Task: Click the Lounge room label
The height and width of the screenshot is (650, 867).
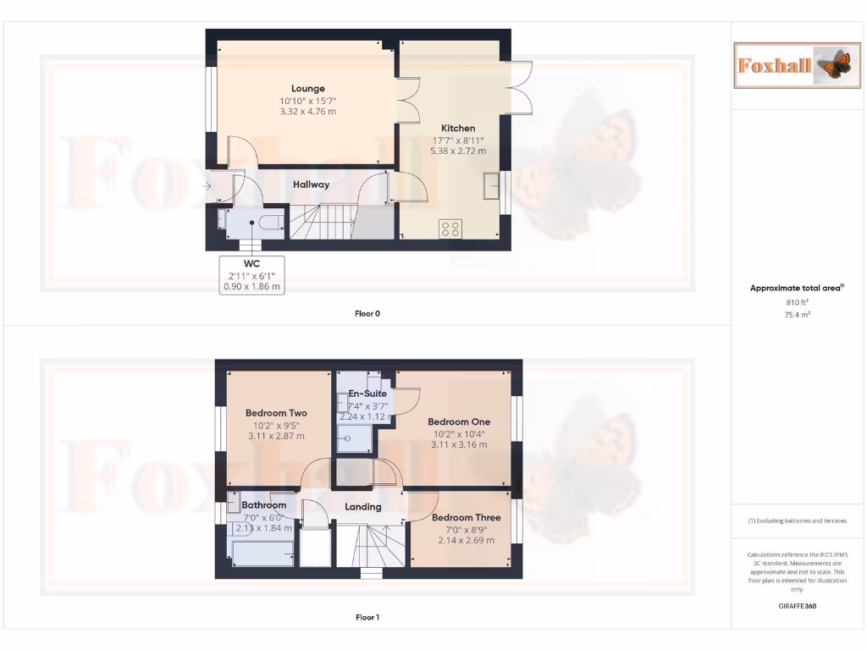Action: click(307, 88)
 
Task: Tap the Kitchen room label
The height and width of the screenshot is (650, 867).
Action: click(458, 128)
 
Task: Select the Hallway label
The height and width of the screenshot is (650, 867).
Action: click(311, 185)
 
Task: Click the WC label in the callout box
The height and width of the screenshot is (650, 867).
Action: click(251, 263)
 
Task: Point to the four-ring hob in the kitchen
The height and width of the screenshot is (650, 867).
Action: click(450, 228)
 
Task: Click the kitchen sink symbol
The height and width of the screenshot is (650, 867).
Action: click(490, 185)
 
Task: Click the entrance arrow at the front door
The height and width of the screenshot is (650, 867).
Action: click(207, 185)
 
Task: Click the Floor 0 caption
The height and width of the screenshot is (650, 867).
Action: click(367, 313)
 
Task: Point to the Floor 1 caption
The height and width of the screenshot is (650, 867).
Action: click(367, 617)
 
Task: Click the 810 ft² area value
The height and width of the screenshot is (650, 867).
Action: click(797, 301)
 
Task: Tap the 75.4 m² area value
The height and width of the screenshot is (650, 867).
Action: click(797, 314)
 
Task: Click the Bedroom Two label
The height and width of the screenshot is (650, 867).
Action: click(276, 413)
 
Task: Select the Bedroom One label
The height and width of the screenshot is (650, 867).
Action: click(458, 421)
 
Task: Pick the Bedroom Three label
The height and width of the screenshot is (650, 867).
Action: click(466, 517)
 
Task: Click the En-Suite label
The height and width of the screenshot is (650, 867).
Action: click(367, 394)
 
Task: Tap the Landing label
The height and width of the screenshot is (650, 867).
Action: click(362, 507)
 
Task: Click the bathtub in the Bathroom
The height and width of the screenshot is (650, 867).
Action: click(263, 554)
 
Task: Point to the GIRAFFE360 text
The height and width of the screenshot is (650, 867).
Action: click(798, 606)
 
